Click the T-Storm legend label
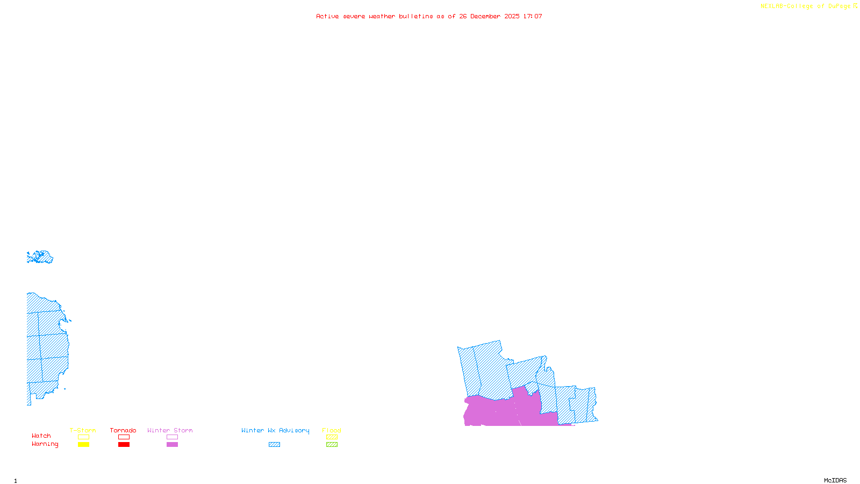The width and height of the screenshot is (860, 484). (83, 430)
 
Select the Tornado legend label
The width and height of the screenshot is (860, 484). (123, 430)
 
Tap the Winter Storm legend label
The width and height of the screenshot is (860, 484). (170, 430)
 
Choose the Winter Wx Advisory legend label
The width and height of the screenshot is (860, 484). (275, 430)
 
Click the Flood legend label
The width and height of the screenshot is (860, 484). (332, 430)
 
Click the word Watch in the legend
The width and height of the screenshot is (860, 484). (41, 436)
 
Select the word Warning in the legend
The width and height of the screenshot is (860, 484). (45, 444)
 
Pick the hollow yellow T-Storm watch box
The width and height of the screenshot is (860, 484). (83, 437)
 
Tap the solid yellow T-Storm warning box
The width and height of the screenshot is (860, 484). (83, 445)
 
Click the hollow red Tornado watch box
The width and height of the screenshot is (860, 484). (124, 437)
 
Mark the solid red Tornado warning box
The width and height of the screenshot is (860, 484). (124, 445)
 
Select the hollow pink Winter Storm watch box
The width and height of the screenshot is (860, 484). (172, 437)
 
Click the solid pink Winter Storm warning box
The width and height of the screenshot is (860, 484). (172, 445)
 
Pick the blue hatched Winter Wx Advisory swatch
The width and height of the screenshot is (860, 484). (274, 445)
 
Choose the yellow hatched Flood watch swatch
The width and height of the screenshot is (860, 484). (332, 437)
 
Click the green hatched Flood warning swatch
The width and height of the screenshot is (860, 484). (332, 445)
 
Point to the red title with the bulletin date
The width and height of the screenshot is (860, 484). (429, 16)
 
